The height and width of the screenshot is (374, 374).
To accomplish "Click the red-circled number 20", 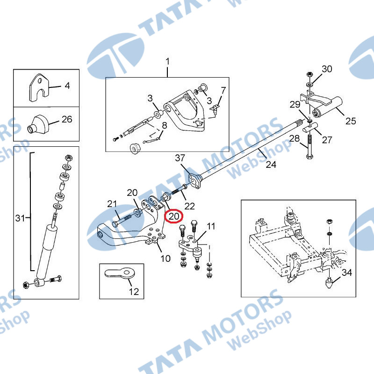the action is pyautogui.click(x=173, y=216).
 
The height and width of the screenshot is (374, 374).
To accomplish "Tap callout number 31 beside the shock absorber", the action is pyautogui.click(x=20, y=218).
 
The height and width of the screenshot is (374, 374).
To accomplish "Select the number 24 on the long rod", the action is pyautogui.click(x=271, y=165).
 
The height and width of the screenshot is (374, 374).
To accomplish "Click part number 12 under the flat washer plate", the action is pyautogui.click(x=134, y=291).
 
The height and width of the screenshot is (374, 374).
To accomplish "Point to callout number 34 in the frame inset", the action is pyautogui.click(x=347, y=272).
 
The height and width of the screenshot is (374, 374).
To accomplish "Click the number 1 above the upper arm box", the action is pyautogui.click(x=168, y=62).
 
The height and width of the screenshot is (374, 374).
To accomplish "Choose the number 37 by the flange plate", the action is pyautogui.click(x=180, y=158).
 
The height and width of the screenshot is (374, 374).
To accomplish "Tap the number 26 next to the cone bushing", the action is pyautogui.click(x=67, y=119).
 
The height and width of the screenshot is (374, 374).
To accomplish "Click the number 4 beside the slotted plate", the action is pyautogui.click(x=67, y=86).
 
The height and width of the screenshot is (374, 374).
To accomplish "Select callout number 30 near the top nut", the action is pyautogui.click(x=327, y=69).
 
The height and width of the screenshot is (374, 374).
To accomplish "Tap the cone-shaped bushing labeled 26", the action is pyautogui.click(x=38, y=125).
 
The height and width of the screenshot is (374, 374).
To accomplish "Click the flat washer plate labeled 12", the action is pyautogui.click(x=120, y=273).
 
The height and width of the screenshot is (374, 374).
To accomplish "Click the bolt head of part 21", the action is pyautogui.click(x=115, y=224).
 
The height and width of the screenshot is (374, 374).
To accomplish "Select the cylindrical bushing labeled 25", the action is pyautogui.click(x=328, y=108).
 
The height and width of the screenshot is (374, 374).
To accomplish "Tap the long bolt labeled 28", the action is pyautogui.click(x=309, y=147).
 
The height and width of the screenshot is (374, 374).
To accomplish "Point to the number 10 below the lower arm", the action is pyautogui.click(x=165, y=259).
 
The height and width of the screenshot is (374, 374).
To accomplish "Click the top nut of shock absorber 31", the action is pyautogui.click(x=68, y=158).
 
